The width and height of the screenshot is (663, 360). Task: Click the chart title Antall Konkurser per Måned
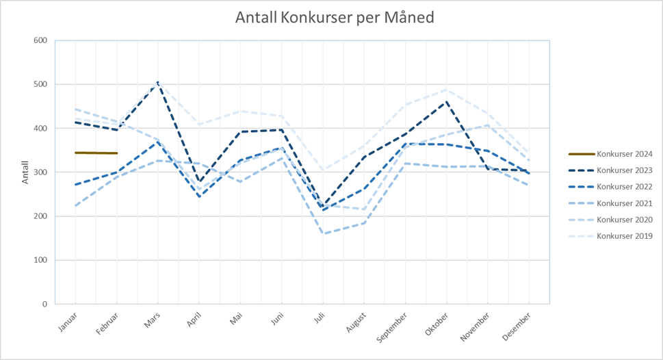coord(335,17)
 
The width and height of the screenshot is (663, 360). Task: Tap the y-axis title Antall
coord(25,172)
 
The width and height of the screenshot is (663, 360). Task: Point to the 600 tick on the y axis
coord(40,40)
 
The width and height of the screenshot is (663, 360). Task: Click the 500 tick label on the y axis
coord(40,84)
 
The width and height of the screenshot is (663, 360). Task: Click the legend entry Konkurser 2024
coord(624,154)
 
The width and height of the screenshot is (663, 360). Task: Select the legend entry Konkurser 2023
coord(624,170)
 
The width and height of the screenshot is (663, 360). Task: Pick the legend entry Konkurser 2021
coord(624,203)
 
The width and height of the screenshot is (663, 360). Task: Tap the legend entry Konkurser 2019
coord(624,236)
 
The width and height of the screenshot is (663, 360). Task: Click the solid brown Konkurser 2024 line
coord(96,153)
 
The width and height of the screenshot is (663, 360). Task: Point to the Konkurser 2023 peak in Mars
coord(158,83)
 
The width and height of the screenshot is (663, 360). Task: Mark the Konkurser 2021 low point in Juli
coord(322,234)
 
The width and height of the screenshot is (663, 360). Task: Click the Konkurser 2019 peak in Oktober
coord(446,90)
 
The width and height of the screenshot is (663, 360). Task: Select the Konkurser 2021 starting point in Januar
coord(75,206)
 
